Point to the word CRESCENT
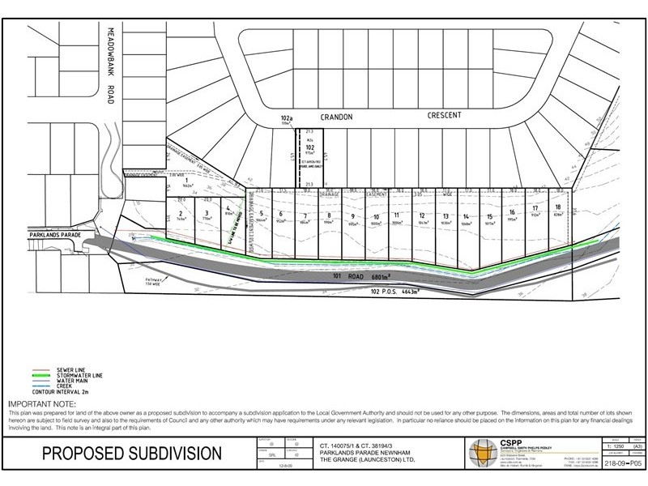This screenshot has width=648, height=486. click(444, 116)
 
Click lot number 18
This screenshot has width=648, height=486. click(558, 207)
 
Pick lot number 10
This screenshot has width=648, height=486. click(376, 216)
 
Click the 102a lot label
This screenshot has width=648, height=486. click(286, 117)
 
